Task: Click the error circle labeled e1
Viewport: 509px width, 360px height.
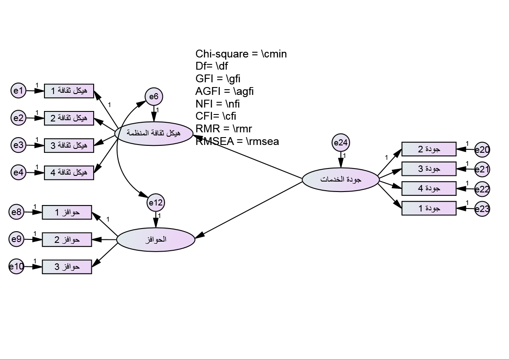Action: click(x=18, y=91)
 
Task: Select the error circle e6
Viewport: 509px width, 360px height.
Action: click(x=154, y=96)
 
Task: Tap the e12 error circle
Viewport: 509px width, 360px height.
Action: click(x=156, y=202)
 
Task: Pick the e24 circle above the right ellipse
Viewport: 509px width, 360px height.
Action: click(x=340, y=142)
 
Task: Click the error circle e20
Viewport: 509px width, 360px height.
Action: click(x=482, y=150)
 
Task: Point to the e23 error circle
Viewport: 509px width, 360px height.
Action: click(x=482, y=209)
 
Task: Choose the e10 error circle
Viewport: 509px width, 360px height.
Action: click(x=17, y=266)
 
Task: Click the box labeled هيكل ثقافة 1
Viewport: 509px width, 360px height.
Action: click(x=69, y=91)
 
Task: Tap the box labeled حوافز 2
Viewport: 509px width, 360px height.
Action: click(x=67, y=239)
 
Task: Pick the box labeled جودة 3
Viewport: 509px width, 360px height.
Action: click(x=428, y=169)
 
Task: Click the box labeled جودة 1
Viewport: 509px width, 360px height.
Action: click(x=428, y=208)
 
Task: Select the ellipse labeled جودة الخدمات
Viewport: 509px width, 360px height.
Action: click(x=340, y=179)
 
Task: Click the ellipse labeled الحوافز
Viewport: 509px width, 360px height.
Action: click(x=155, y=240)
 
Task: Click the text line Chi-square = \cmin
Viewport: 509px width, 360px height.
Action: click(x=241, y=54)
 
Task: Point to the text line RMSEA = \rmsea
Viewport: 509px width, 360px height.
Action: click(x=237, y=141)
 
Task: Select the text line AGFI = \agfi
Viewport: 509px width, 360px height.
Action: click(x=225, y=91)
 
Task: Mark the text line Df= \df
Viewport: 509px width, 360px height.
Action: click(x=212, y=67)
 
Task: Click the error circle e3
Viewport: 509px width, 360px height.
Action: click(x=18, y=145)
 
